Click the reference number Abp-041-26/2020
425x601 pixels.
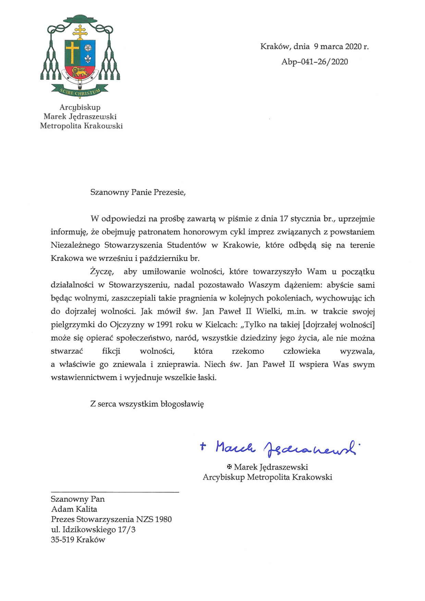(x=314, y=62)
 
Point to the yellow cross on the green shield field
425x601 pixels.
(x=72, y=52)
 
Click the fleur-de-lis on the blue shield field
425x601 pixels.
(x=88, y=59)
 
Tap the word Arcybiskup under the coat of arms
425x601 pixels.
(x=80, y=107)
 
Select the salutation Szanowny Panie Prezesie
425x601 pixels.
(x=138, y=192)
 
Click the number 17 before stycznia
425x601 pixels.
(x=283, y=219)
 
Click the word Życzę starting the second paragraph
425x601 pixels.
(x=101, y=272)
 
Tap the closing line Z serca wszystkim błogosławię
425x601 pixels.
(x=147, y=404)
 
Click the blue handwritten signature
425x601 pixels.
(x=284, y=447)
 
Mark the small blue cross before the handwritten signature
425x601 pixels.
(x=203, y=446)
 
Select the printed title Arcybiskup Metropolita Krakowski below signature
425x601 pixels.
(x=267, y=477)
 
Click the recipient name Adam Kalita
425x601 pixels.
(x=74, y=509)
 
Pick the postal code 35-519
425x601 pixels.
(x=62, y=540)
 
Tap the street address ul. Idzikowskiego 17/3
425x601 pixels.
(x=93, y=530)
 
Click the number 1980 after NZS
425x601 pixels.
(x=163, y=519)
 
